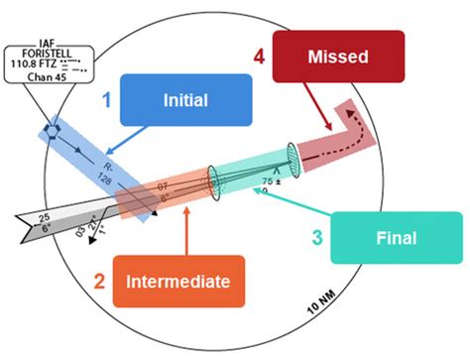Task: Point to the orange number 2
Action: [x=98, y=282]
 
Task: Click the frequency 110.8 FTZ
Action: [x=42, y=69]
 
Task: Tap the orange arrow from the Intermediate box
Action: [x=185, y=229]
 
